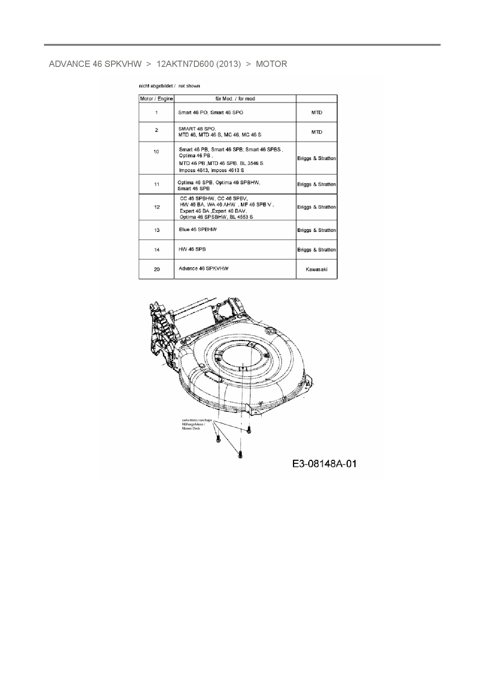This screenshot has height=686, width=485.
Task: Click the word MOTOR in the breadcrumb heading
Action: point(271,64)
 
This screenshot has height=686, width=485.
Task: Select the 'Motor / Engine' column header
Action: point(156,99)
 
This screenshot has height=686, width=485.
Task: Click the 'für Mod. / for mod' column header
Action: point(235,99)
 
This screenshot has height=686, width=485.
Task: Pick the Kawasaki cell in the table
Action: point(316,269)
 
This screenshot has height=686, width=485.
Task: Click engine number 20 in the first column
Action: point(156,269)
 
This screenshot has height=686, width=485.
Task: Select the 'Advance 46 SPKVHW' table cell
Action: point(203,268)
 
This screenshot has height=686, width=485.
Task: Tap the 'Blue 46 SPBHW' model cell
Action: point(198,230)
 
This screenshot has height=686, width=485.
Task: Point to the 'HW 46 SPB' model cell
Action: point(192,249)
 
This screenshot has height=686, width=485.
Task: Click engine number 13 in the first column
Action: point(156,230)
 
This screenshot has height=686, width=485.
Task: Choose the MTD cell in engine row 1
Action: point(316,113)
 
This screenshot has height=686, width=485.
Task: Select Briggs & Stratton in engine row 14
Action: point(316,250)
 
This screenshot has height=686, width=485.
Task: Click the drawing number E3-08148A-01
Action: point(324,464)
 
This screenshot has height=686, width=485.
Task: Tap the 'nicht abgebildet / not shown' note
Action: point(169,86)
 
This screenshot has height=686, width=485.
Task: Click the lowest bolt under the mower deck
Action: point(240,454)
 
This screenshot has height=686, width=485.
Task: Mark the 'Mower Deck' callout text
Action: point(191,429)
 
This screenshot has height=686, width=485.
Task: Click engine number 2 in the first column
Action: point(156,130)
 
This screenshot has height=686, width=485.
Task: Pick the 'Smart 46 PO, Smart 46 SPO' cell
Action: point(210,113)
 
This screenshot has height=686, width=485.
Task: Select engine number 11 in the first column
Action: point(156,184)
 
